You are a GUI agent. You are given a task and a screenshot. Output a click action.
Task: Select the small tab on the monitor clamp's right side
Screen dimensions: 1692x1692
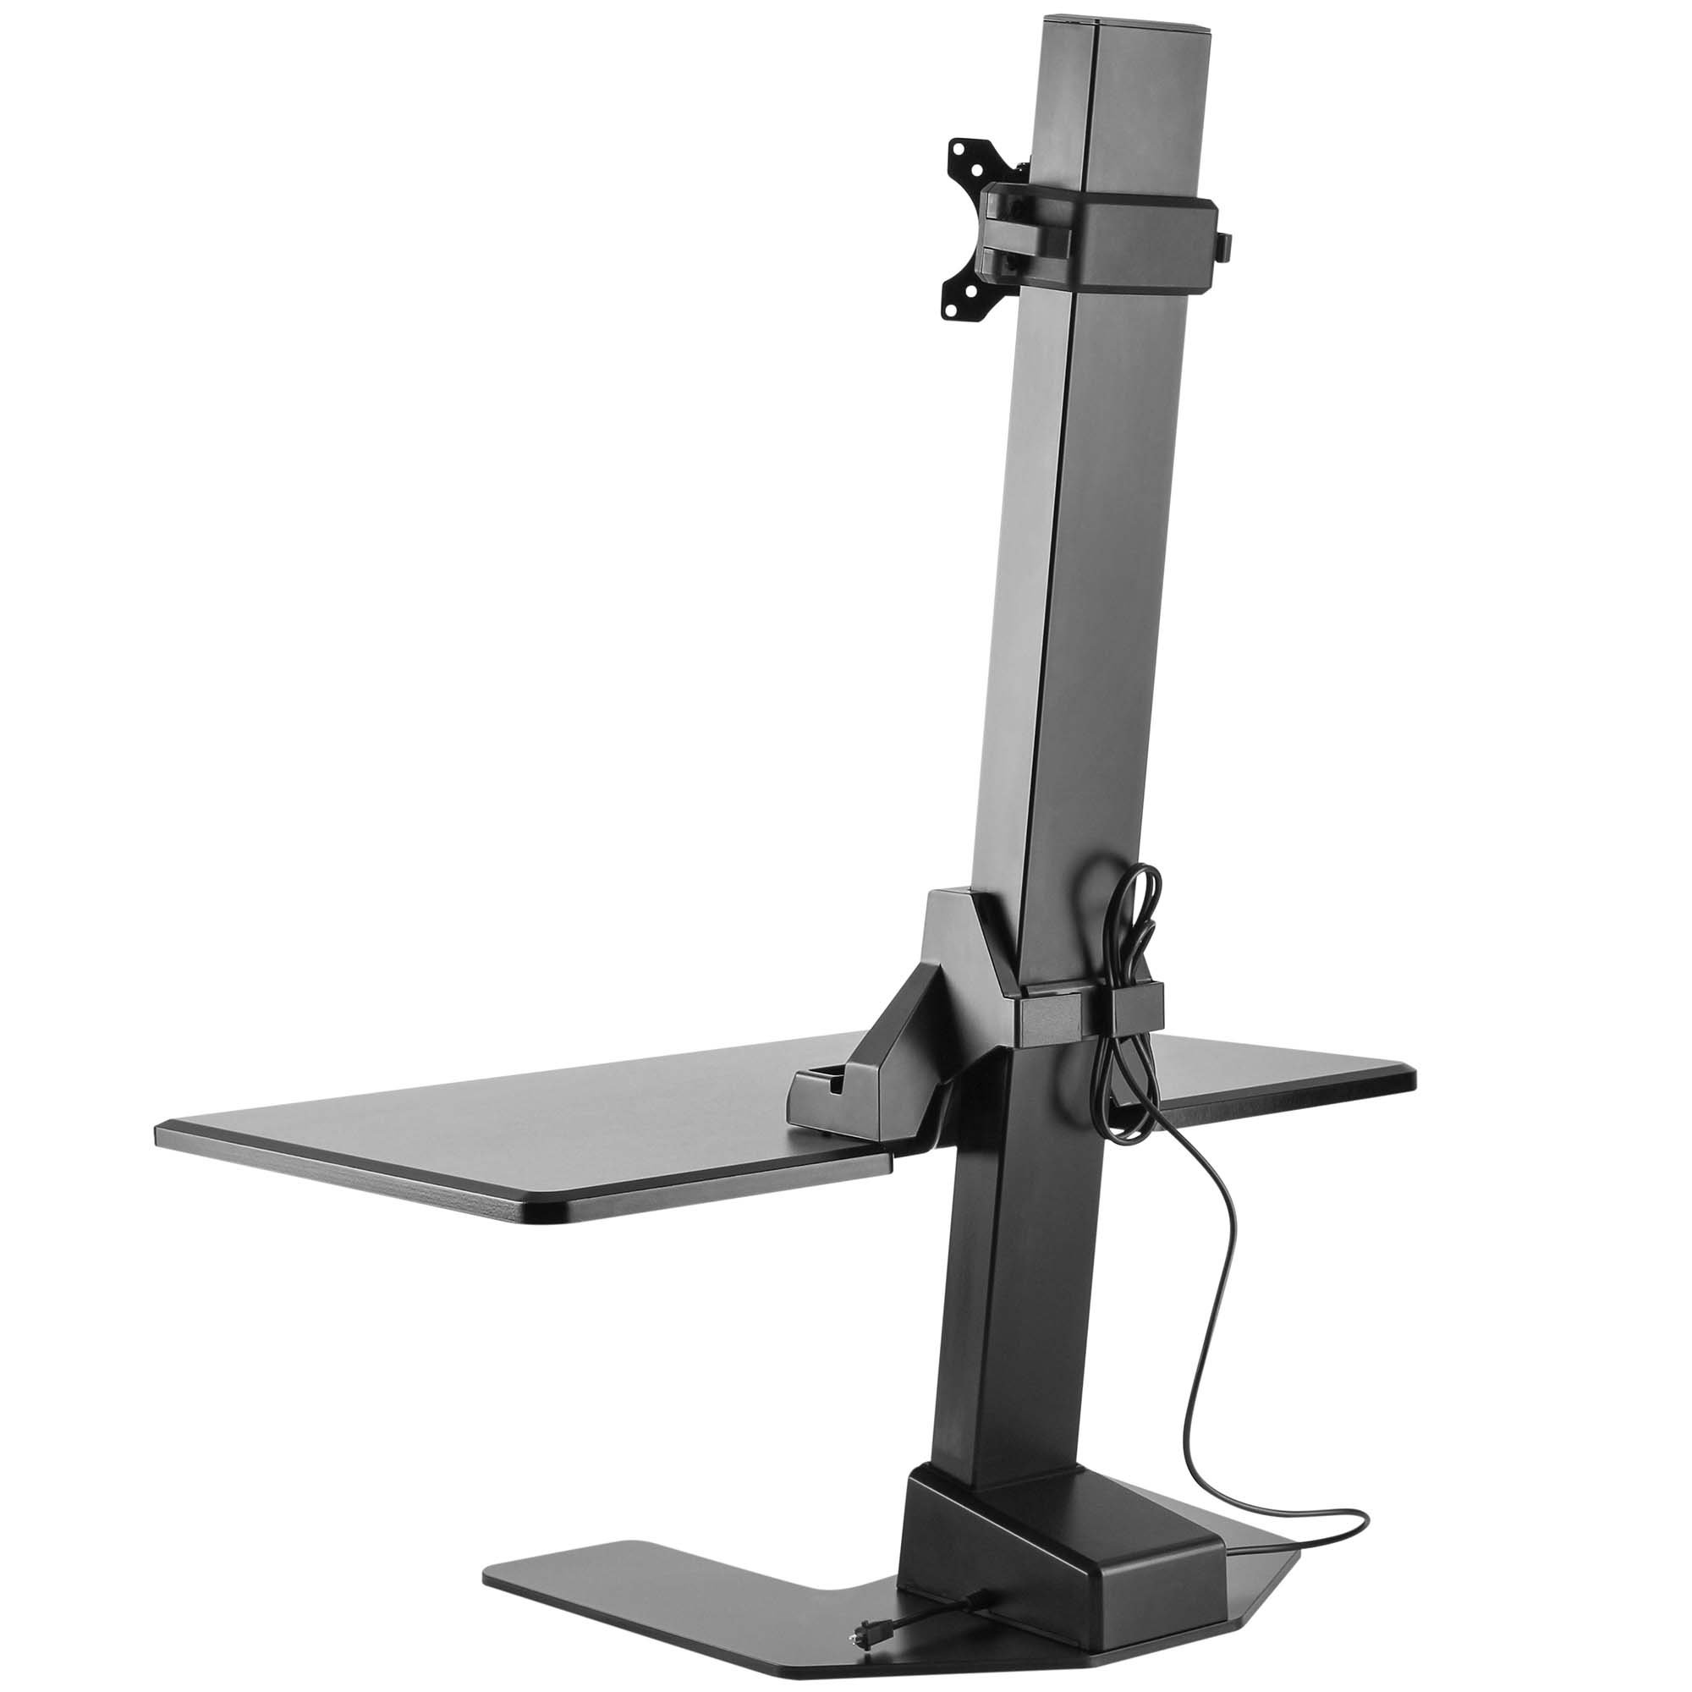click(1225, 245)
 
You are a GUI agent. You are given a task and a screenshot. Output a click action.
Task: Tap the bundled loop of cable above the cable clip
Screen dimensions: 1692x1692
click(1135, 920)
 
